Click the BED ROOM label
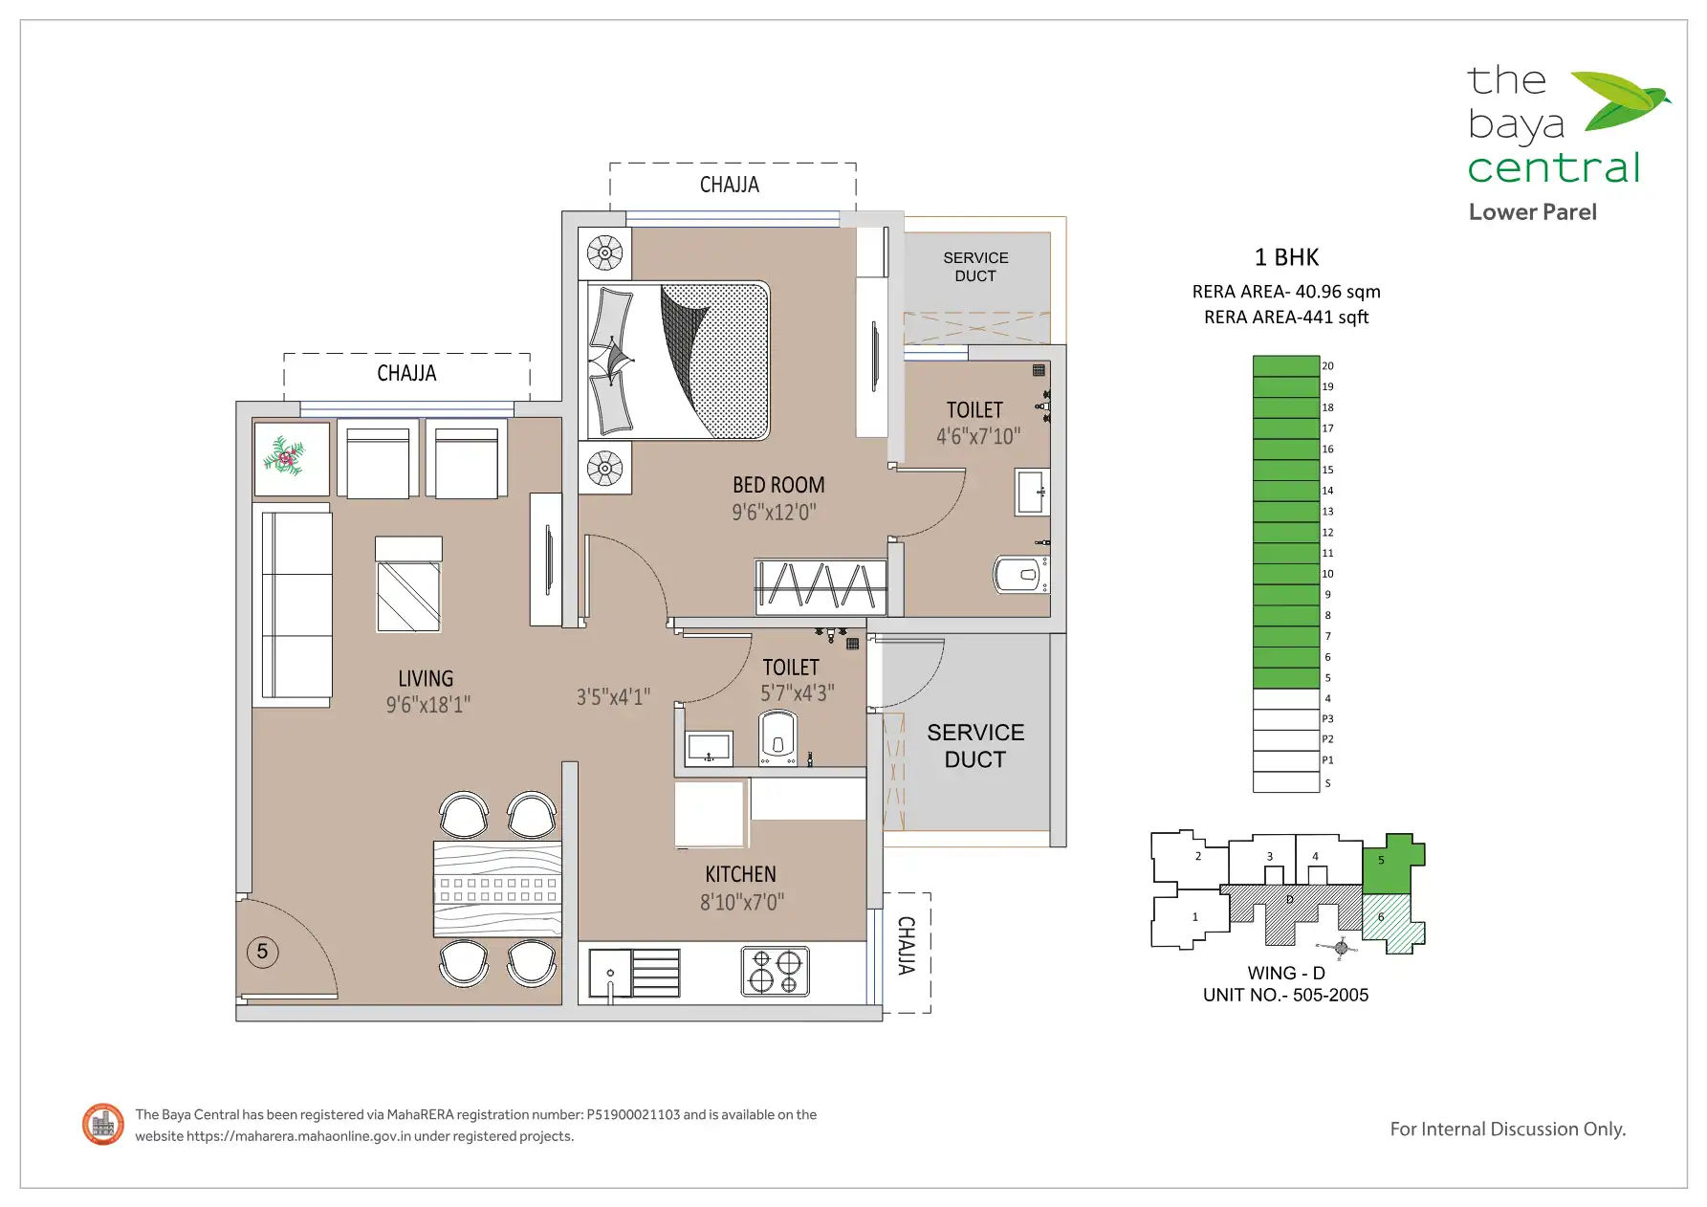[x=778, y=485]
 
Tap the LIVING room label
[x=426, y=678]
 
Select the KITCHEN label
[x=740, y=874]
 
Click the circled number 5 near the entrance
[x=263, y=952]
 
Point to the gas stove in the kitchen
[x=776, y=971]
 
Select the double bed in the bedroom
[x=678, y=361]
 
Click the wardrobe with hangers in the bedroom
[x=821, y=586]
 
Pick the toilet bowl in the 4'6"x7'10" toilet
[x=1021, y=575]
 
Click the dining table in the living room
[x=497, y=889]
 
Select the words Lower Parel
[x=1532, y=212]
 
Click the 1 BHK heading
[x=1286, y=257]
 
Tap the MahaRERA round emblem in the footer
[x=103, y=1124]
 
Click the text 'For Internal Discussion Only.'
[x=1507, y=1130]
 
